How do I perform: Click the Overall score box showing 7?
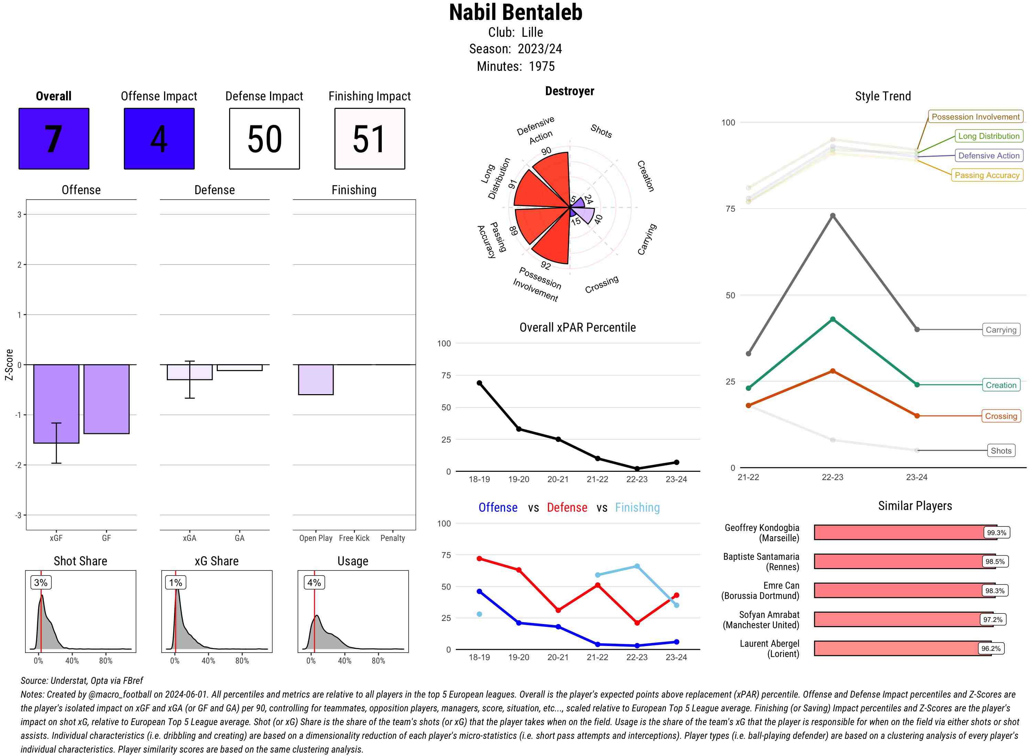[54, 139]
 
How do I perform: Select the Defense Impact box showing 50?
[264, 139]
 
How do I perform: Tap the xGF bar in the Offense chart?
[56, 404]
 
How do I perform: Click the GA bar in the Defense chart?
[239, 367]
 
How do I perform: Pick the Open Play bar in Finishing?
[315, 379]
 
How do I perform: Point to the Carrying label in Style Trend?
[1000, 330]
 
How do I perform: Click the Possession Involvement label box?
[975, 117]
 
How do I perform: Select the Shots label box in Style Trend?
[1000, 451]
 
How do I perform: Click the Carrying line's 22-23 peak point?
[832, 215]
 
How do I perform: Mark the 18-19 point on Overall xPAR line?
[479, 383]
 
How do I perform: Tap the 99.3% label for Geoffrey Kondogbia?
[996, 533]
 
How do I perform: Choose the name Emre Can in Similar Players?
[781, 586]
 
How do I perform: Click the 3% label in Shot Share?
[41, 582]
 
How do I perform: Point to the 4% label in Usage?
[314, 582]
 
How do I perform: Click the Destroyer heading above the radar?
[569, 91]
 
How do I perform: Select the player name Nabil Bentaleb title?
[515, 12]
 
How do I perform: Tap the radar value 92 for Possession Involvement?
[546, 265]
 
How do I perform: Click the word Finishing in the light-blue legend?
[637, 508]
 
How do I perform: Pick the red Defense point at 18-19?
[479, 559]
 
